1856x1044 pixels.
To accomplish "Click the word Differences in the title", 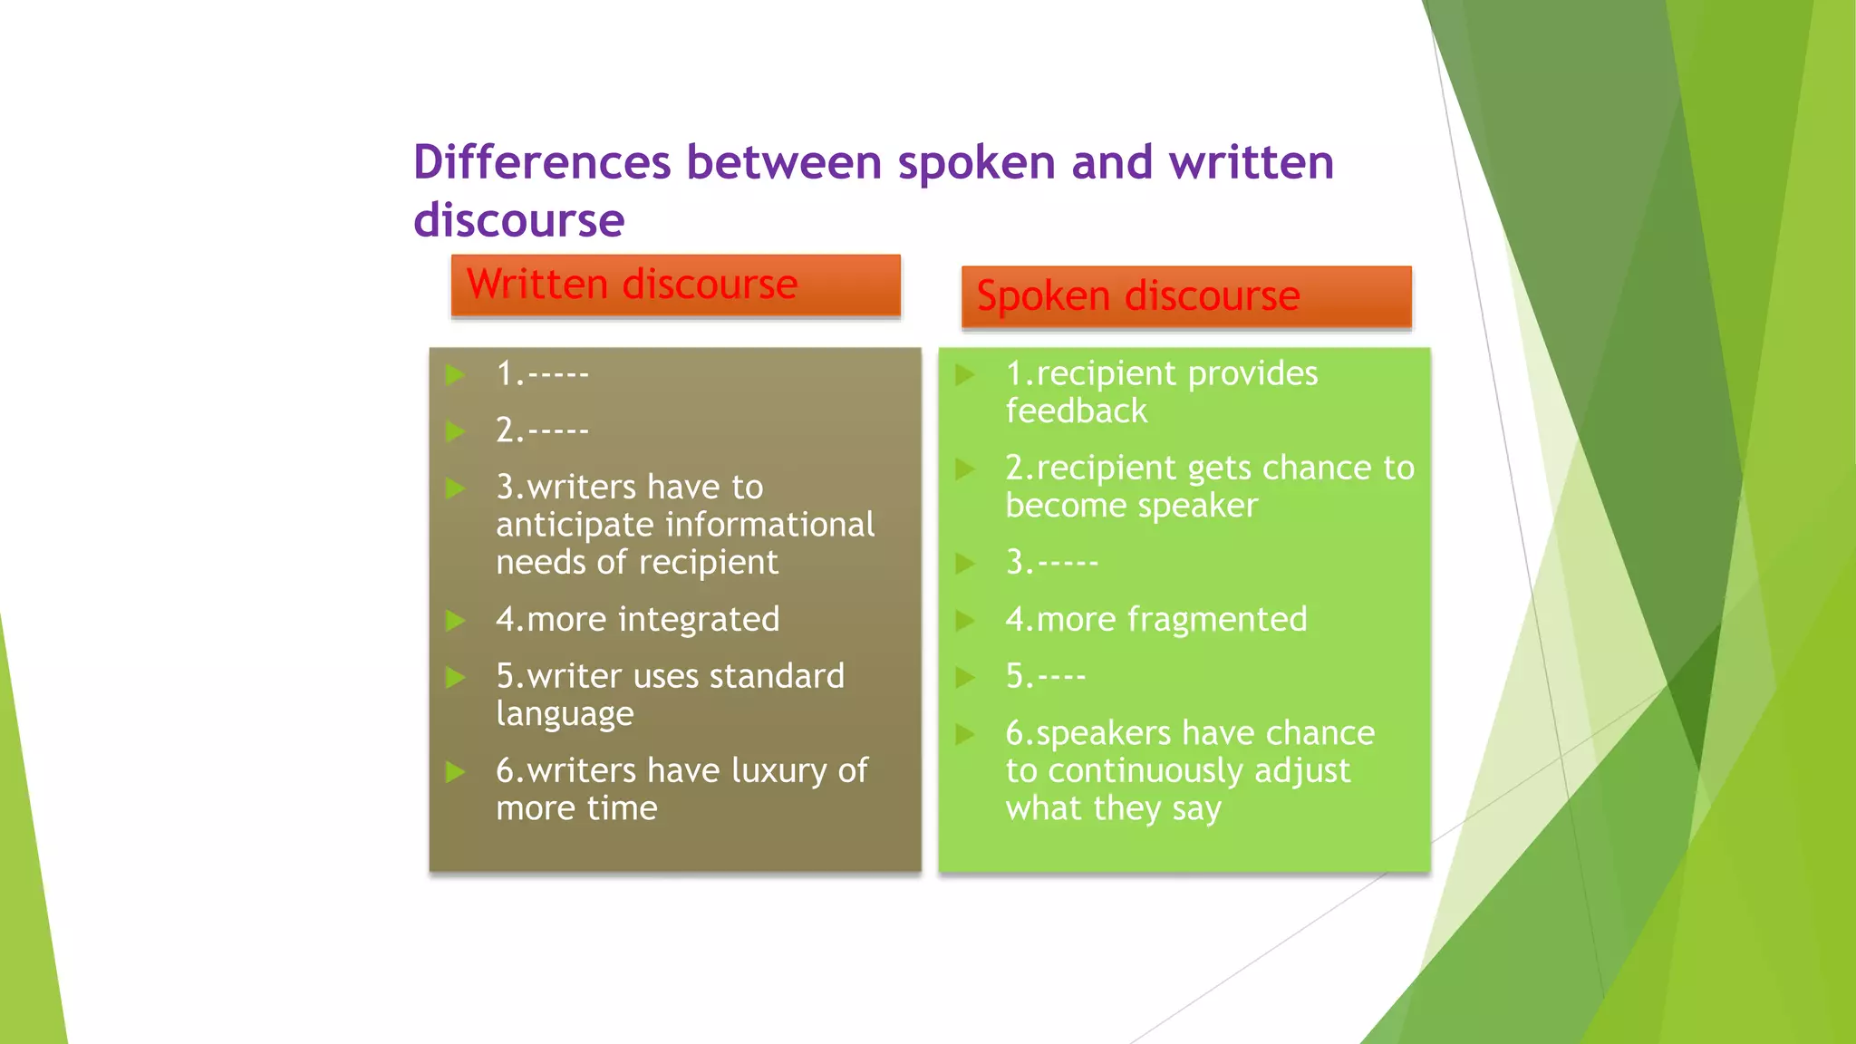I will click(542, 163).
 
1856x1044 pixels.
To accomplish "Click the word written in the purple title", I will click(1251, 163).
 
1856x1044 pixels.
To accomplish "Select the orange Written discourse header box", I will click(675, 285).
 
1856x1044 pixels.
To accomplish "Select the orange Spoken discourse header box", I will click(1185, 296).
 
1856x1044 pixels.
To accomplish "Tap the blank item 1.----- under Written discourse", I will click(542, 374).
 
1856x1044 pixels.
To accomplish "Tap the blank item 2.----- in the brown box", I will click(542, 430).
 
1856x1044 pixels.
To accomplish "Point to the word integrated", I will click(698, 620).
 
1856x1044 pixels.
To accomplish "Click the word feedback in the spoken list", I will click(1076, 412).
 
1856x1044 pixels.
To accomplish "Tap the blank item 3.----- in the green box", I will click(1051, 563).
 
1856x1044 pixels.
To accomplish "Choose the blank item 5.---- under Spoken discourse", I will click(1045, 677).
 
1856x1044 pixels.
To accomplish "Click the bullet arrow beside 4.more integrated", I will click(456, 621).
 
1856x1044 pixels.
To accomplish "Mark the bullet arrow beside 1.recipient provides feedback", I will click(965, 374).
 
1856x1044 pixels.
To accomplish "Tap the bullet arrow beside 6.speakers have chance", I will click(965, 734).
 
